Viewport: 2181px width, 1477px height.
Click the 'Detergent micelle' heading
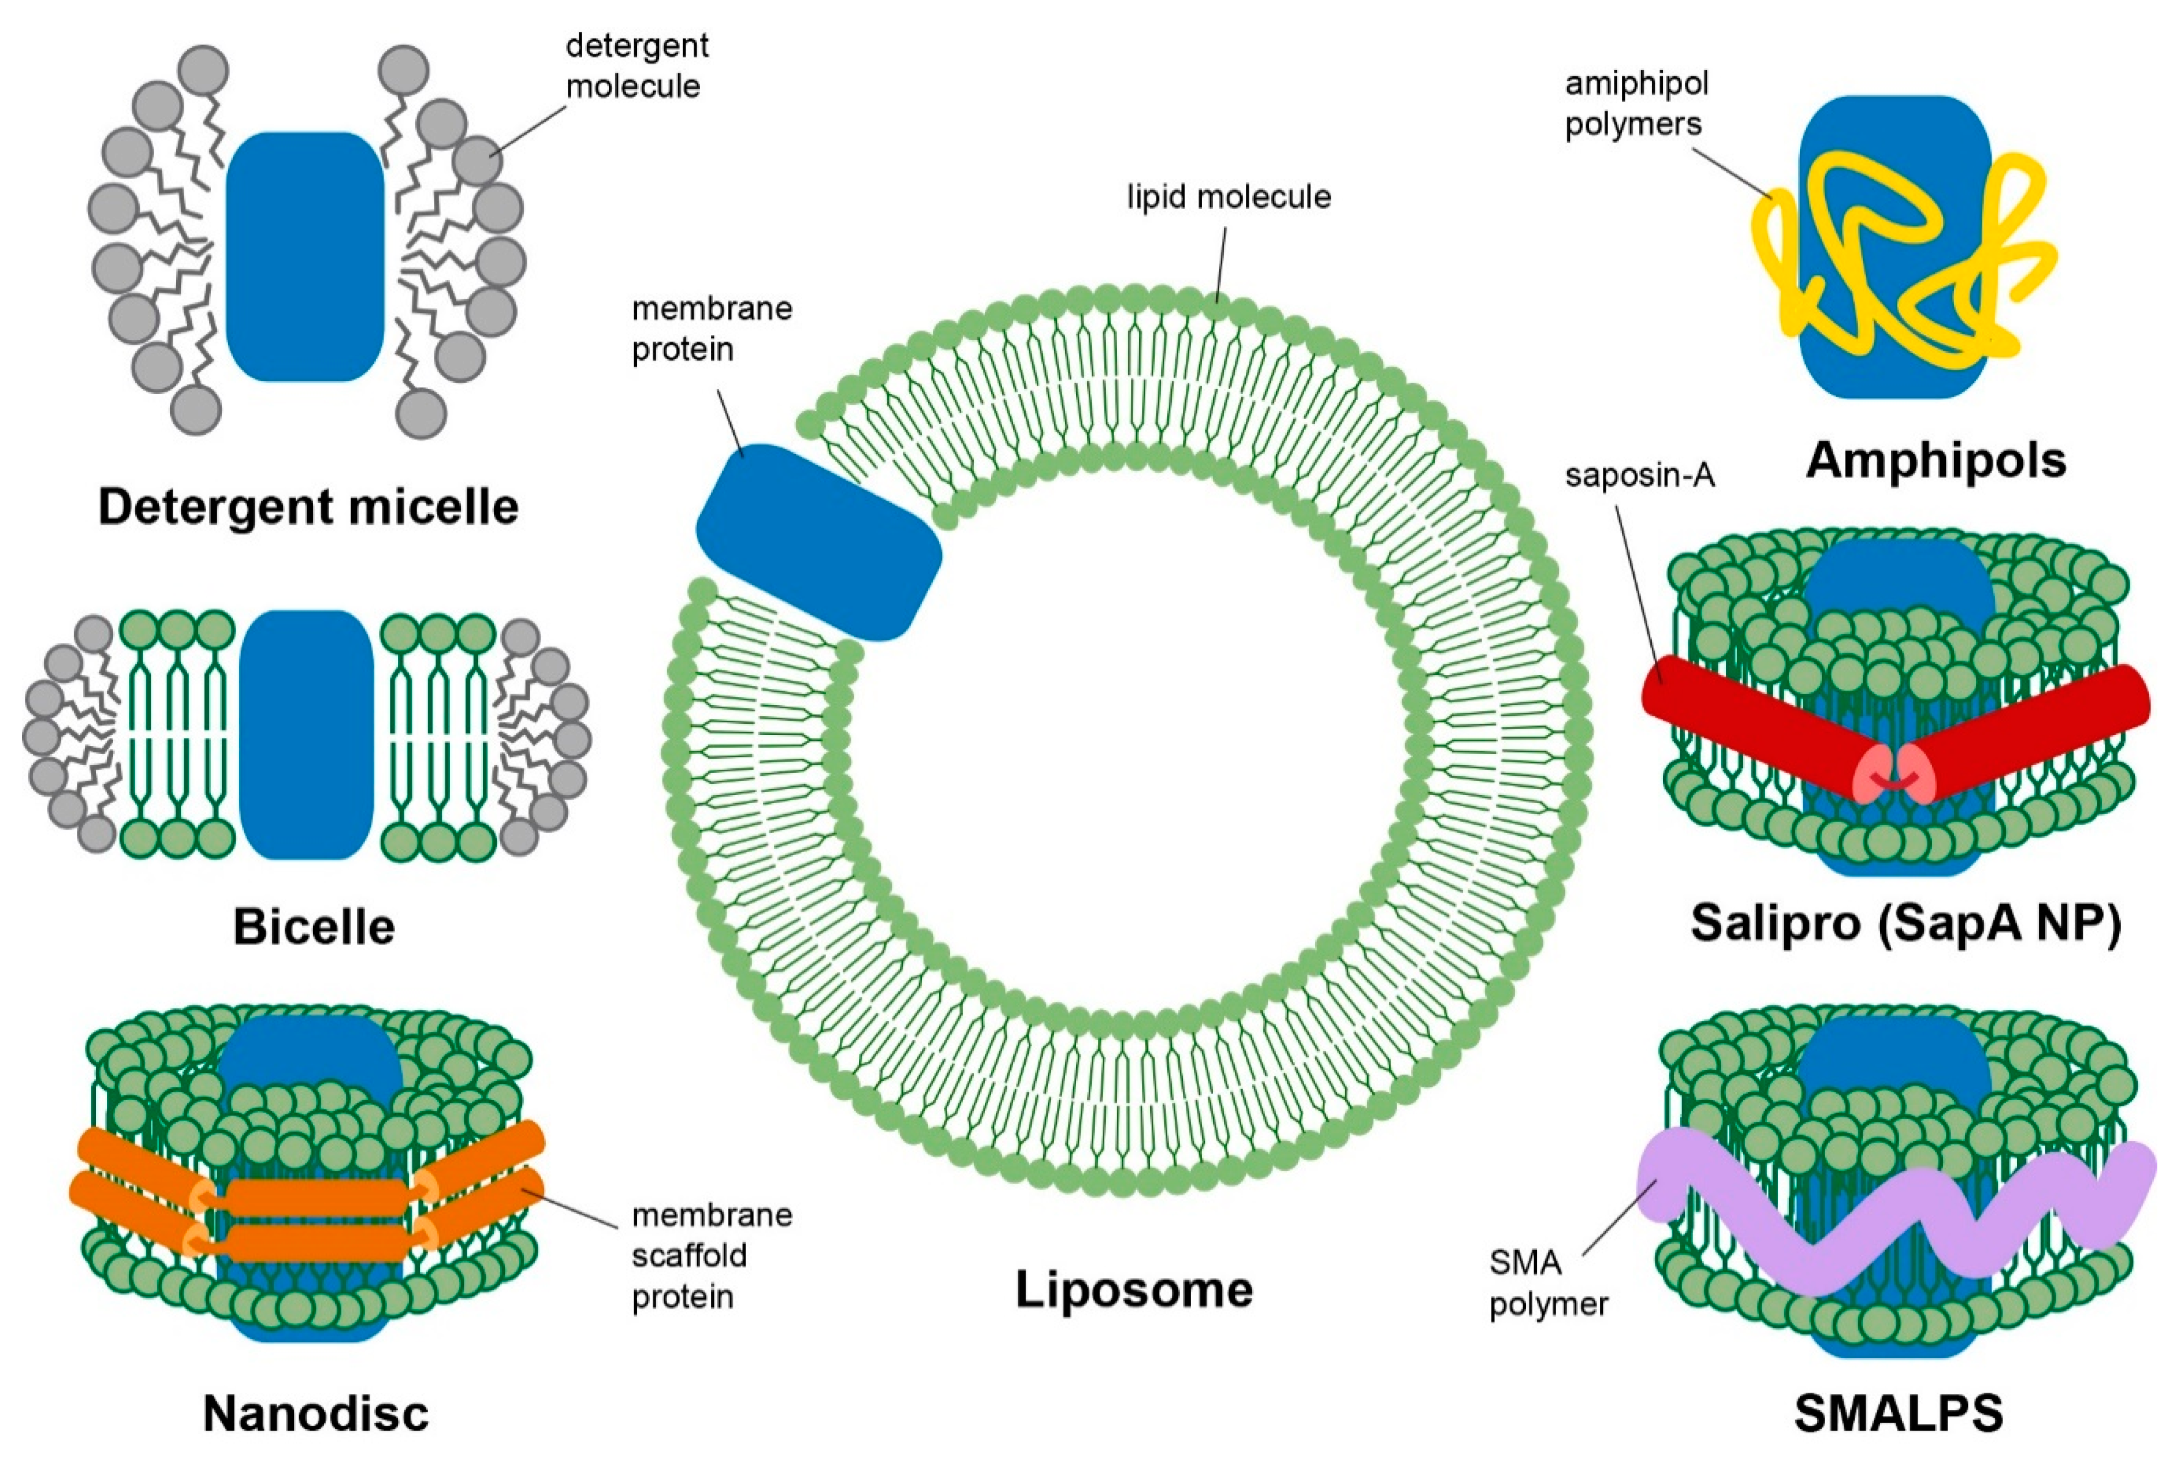point(308,507)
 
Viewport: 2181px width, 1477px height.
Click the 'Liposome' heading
point(1134,1289)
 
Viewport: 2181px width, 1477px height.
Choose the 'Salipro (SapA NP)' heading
point(1905,923)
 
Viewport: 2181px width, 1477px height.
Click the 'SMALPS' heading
point(1897,1413)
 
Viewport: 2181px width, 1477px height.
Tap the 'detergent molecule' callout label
point(637,66)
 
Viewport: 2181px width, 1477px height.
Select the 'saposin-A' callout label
point(1639,476)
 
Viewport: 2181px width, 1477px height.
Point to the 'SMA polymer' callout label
point(1547,1283)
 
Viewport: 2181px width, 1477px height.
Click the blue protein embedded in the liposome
point(818,542)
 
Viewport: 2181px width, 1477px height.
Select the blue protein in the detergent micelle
point(305,256)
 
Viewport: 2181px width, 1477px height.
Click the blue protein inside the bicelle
point(306,734)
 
